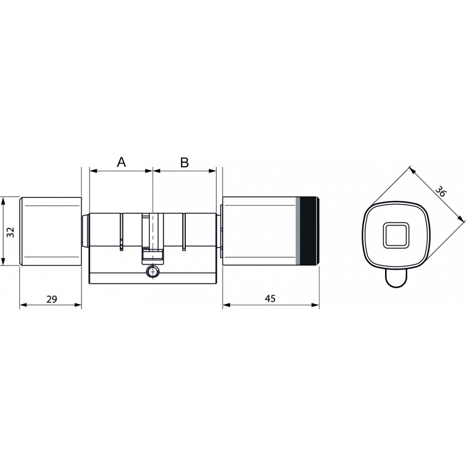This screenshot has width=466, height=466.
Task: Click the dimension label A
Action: tap(121, 163)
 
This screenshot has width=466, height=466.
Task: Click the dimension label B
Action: tap(184, 163)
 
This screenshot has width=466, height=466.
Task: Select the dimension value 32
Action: tap(10, 232)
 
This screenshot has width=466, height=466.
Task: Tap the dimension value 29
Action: tap(52, 299)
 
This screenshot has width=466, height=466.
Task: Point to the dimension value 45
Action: tap(270, 298)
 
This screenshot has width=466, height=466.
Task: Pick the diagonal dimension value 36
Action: tap(440, 191)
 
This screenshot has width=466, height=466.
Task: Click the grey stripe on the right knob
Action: tap(298, 231)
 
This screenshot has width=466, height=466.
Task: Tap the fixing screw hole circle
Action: tap(152, 271)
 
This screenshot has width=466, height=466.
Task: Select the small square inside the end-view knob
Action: tap(396, 235)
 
